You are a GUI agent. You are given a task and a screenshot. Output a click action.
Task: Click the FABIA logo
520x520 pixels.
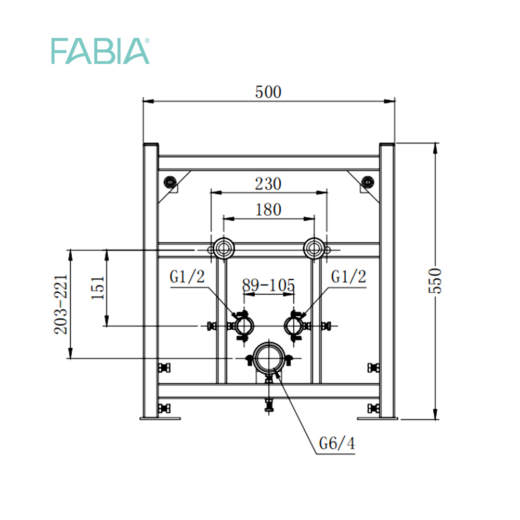click(x=100, y=51)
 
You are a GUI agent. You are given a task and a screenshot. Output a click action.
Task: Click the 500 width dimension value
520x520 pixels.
click(x=268, y=92)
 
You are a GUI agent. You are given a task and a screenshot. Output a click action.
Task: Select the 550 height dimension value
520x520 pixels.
click(x=435, y=281)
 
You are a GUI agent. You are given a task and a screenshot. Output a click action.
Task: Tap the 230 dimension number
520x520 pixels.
click(x=268, y=184)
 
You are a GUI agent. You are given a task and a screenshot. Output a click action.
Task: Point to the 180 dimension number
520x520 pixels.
click(x=268, y=210)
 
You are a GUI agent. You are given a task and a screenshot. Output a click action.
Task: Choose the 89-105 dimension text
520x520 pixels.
click(x=268, y=285)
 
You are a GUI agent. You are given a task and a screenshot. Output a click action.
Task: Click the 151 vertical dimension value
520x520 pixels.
click(x=98, y=288)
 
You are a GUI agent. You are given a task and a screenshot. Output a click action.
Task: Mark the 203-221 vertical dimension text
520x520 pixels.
click(x=61, y=304)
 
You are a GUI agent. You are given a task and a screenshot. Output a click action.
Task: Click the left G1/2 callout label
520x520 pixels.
click(x=187, y=276)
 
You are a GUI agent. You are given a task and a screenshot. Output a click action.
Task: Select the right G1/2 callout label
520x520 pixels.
click(x=348, y=276)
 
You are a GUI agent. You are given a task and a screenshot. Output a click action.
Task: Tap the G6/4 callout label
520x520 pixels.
click(x=336, y=443)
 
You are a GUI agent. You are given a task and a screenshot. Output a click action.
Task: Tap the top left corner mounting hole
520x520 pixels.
click(x=170, y=181)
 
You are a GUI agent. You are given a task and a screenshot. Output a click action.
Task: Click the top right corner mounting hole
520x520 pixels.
click(x=368, y=181)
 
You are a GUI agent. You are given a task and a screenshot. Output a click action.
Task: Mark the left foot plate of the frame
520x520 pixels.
click(x=160, y=419)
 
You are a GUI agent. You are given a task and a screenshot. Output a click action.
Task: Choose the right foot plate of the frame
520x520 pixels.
click(x=378, y=419)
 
